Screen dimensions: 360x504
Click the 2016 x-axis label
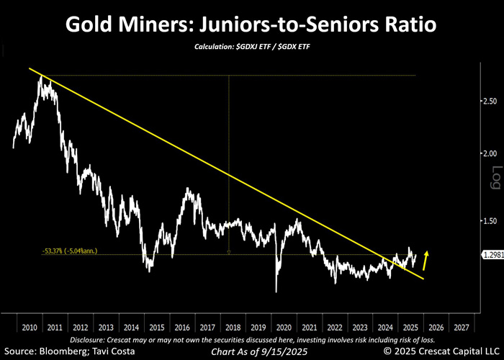[x=181, y=326]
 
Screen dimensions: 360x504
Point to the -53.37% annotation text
[x=69, y=251]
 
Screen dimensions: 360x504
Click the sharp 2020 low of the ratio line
[x=276, y=292]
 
